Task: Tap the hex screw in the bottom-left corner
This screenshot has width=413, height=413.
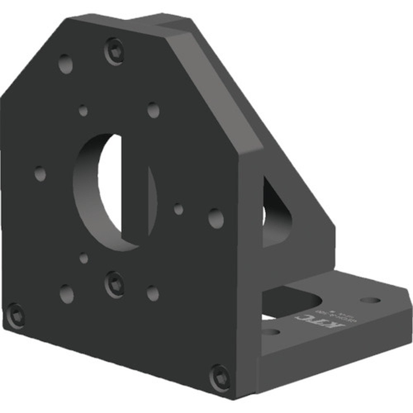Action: coord(16,316)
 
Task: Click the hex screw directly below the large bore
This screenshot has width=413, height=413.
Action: coord(114,284)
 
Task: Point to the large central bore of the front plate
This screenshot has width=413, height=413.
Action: coord(114,192)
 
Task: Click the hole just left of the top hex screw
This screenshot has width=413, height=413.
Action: coord(65,64)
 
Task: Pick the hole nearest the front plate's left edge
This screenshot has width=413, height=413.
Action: coord(40,173)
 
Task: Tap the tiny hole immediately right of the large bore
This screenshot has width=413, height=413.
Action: coord(178,209)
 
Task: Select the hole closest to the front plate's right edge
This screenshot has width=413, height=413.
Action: coord(216,218)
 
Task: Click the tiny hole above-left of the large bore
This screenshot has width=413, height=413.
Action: coord(83,111)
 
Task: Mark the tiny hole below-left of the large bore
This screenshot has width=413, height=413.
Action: coord(84,259)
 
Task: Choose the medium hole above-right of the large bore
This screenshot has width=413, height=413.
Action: coord(153,110)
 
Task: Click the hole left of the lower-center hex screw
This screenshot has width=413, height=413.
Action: coord(66,294)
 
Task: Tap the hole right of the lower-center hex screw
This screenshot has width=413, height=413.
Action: coord(153,293)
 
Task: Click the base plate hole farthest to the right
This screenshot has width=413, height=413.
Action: coord(370,299)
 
